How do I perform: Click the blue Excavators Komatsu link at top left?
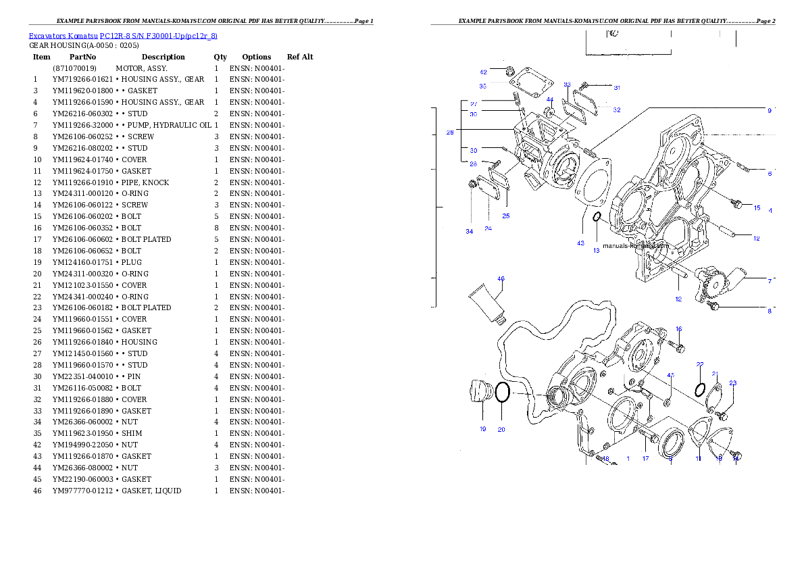[x=122, y=36]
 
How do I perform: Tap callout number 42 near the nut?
[x=483, y=72]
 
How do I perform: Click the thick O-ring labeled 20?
[x=502, y=392]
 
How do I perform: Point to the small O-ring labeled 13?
[x=597, y=216]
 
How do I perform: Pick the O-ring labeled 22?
[x=701, y=390]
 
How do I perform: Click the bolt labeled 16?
[x=679, y=347]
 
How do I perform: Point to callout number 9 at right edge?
[x=769, y=110]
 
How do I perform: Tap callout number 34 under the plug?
[x=469, y=231]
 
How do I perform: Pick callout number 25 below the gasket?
[x=505, y=216]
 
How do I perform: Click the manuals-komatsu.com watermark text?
[x=635, y=247]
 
